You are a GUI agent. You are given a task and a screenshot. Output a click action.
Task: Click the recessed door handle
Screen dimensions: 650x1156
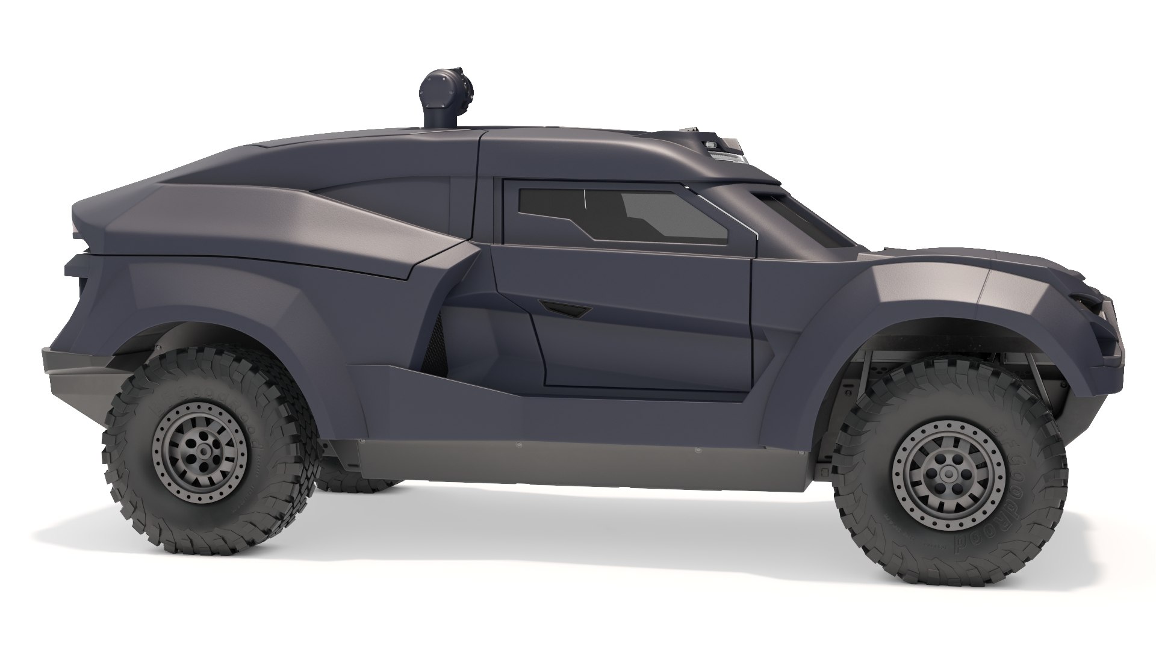click(x=566, y=308)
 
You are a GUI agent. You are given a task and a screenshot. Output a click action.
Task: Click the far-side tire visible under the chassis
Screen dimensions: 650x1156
click(x=355, y=478)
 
